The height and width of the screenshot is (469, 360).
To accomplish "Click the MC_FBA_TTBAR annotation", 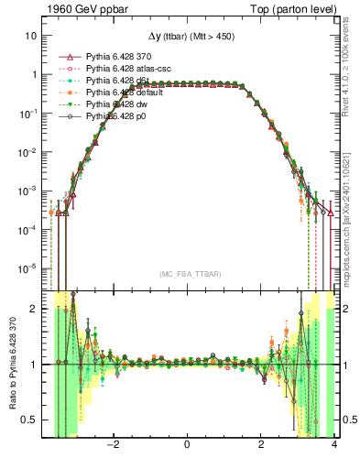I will pos(187,274).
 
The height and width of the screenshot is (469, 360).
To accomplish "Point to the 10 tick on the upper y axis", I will pos(31,36).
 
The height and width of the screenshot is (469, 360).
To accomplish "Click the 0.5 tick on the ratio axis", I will pos(30,420).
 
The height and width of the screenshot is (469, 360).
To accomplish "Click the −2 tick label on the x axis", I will pos(113,446).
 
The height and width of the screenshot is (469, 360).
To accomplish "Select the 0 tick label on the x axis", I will pos(187,446).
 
